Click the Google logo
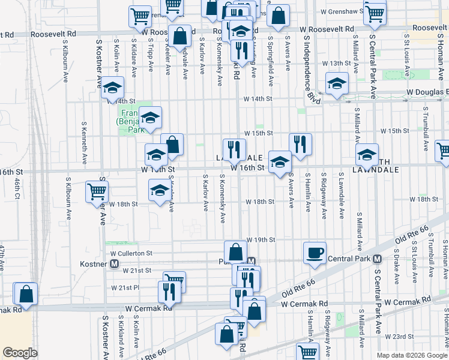[20, 353]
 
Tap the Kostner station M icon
[113, 263]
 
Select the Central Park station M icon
[377, 259]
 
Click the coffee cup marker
[315, 252]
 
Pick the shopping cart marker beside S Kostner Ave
[97, 193]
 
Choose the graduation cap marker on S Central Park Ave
[367, 154]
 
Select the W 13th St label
[336, 63]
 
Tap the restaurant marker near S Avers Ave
[300, 144]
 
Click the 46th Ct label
[17, 186]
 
